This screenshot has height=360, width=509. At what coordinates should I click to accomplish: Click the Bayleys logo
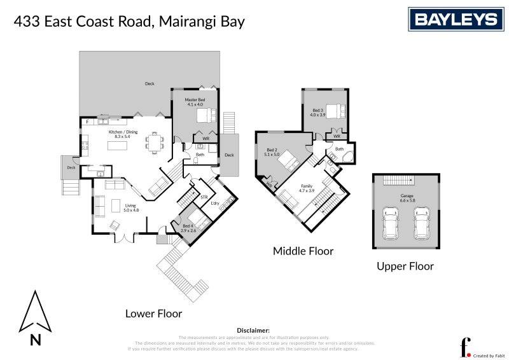click(456, 19)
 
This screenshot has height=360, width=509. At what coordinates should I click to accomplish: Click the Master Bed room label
click(195, 102)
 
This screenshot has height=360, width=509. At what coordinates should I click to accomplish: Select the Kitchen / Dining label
click(118, 134)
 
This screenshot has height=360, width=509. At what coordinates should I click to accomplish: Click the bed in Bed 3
click(335, 111)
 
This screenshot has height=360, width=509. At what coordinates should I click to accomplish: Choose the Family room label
click(307, 188)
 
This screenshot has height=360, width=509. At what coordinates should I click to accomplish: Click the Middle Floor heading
click(303, 251)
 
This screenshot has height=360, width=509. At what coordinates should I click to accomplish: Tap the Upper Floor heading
click(405, 266)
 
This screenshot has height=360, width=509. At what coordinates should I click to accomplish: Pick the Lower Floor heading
click(153, 313)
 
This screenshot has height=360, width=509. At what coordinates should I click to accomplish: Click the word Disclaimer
click(253, 331)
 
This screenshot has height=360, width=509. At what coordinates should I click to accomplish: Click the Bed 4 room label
click(188, 228)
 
